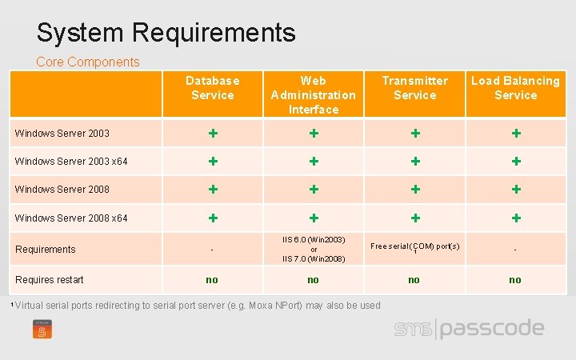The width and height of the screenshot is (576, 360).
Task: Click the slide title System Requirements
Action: click(x=166, y=33)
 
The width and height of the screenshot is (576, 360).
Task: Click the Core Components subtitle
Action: click(x=88, y=62)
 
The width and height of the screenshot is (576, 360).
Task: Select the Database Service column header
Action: click(x=212, y=88)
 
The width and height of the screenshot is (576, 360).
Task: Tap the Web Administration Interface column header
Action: click(x=313, y=94)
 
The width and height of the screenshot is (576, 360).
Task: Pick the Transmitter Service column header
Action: click(x=414, y=88)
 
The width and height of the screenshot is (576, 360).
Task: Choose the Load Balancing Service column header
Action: click(x=515, y=88)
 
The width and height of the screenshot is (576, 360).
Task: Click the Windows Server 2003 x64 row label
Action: click(x=71, y=162)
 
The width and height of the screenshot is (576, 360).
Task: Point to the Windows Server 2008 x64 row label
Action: click(x=71, y=218)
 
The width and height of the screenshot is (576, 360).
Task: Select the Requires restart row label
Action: click(x=49, y=279)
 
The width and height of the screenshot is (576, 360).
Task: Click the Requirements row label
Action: click(x=45, y=249)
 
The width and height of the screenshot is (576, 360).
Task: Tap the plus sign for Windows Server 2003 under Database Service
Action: click(x=213, y=133)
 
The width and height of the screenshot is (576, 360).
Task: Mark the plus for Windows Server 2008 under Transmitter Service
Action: click(x=414, y=189)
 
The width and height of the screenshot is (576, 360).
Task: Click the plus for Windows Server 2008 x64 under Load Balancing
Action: click(x=516, y=218)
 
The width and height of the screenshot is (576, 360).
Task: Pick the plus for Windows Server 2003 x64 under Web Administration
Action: click(x=314, y=161)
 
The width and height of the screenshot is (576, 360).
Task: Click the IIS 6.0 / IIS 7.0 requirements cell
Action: click(x=313, y=249)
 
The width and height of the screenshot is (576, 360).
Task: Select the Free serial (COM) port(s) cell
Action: click(x=414, y=246)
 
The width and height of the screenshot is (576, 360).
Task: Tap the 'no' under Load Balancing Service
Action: click(x=515, y=279)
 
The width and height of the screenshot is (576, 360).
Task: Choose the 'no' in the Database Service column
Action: click(x=212, y=279)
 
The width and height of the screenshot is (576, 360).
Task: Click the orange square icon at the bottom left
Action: click(x=42, y=329)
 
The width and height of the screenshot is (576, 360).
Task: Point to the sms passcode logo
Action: click(x=469, y=329)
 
